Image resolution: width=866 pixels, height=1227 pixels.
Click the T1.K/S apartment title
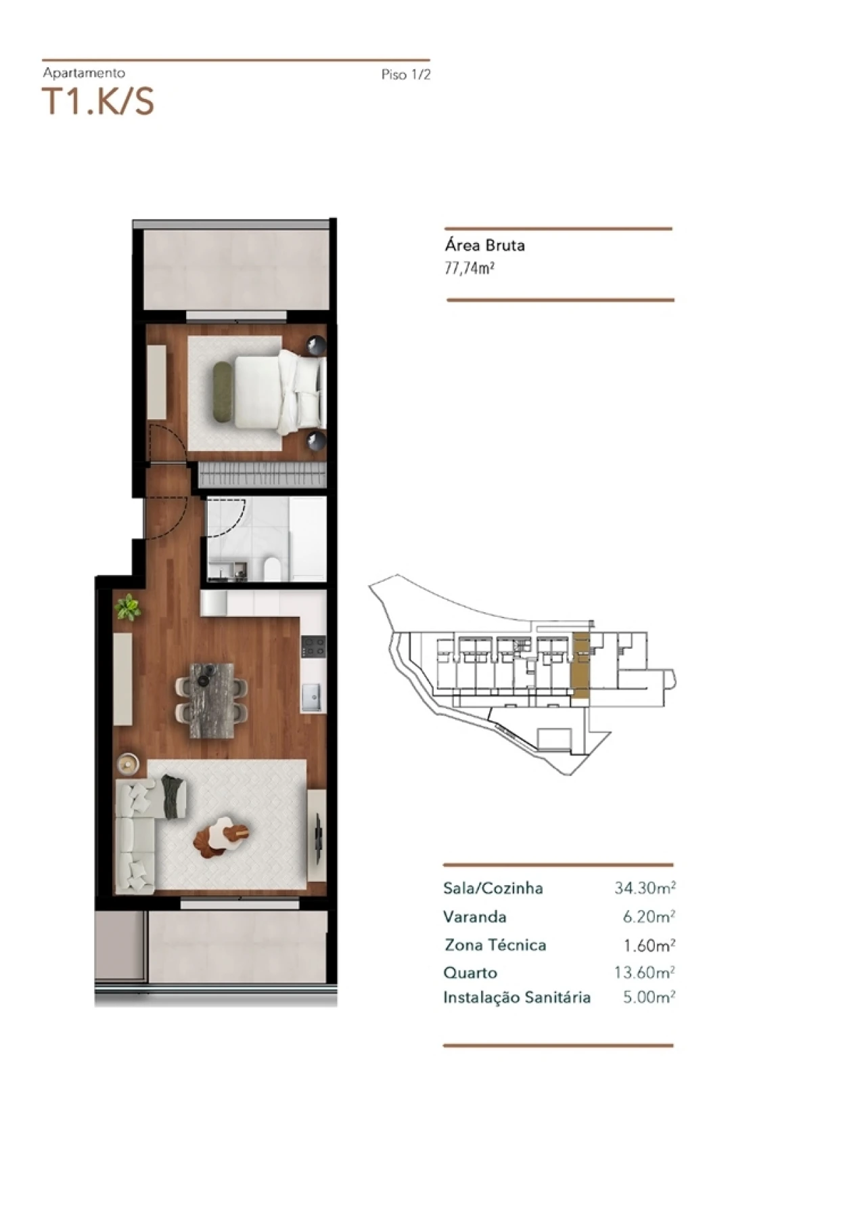[x=99, y=102]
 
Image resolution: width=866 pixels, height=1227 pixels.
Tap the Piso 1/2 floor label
[x=405, y=74]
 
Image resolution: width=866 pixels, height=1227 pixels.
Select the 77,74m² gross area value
[x=469, y=268]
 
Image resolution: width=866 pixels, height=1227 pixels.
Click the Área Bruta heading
[x=484, y=245]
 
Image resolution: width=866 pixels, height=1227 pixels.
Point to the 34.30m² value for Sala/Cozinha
[x=644, y=888]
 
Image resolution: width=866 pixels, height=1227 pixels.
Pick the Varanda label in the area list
[x=474, y=917]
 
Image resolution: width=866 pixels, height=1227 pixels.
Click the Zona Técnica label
[x=495, y=945]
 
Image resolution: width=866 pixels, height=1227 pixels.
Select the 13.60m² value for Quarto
[x=644, y=972]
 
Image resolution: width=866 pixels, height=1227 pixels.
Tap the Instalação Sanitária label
[x=517, y=997]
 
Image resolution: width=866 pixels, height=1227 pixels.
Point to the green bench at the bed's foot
[x=221, y=393]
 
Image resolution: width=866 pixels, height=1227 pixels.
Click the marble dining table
[x=212, y=700]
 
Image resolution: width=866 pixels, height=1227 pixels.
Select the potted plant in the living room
[x=127, y=607]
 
